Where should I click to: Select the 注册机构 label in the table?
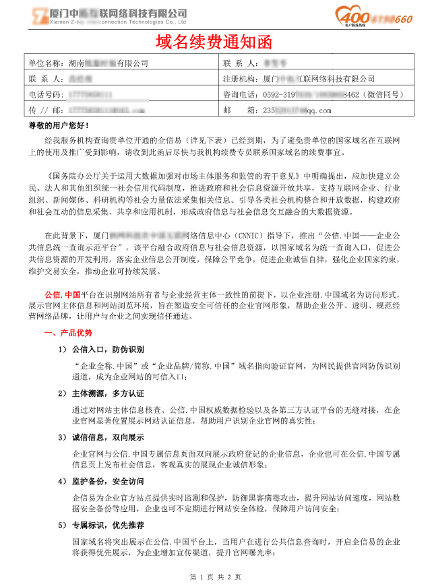240,79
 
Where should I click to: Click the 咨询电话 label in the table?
240,94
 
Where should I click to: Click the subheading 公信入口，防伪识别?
108,350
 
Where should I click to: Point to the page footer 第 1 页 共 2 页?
216,577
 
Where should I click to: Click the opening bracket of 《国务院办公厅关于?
47,175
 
